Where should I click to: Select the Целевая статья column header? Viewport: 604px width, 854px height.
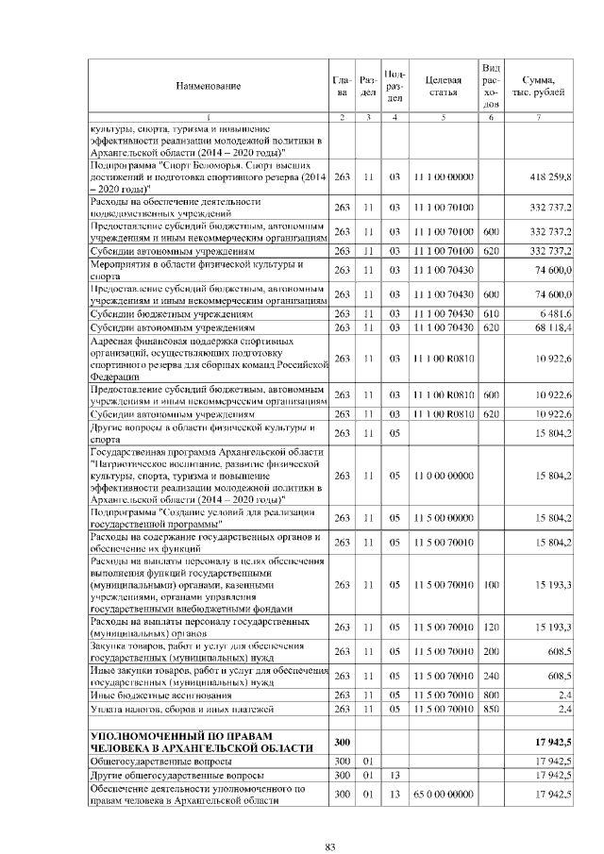[x=443, y=86]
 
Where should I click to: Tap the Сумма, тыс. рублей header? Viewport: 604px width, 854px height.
[x=538, y=86]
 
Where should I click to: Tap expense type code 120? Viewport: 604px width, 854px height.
[x=490, y=628]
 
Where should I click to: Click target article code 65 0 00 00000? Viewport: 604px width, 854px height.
[x=443, y=795]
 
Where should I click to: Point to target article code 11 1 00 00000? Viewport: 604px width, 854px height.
[x=443, y=177]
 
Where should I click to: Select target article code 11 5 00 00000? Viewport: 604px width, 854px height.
[x=443, y=518]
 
